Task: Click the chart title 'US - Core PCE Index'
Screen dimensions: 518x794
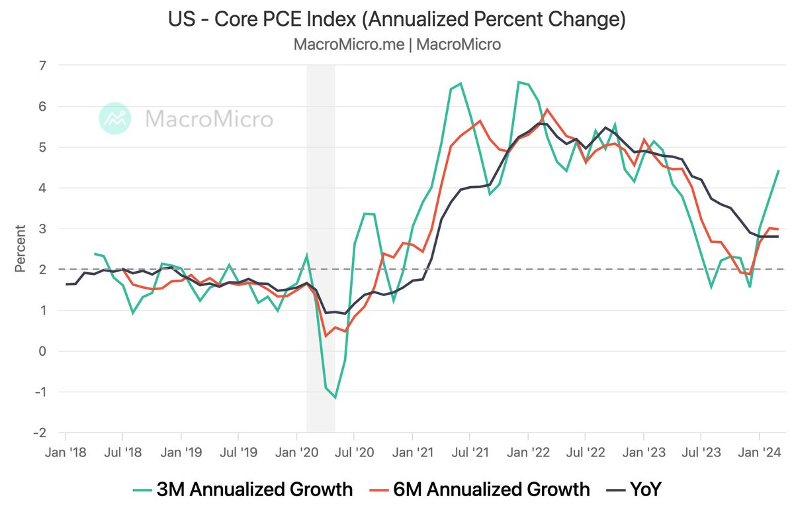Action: [x=396, y=20]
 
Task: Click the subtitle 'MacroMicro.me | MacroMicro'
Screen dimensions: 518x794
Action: [x=396, y=45]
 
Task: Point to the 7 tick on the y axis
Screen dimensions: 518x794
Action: [x=44, y=66]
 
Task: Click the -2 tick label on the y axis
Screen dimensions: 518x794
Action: [x=40, y=433]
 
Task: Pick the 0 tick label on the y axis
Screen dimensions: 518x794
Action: [x=44, y=351]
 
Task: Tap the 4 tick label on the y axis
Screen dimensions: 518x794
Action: [x=44, y=188]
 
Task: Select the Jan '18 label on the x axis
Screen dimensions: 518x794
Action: [x=66, y=453]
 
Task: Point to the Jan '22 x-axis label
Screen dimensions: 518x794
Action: [x=527, y=453]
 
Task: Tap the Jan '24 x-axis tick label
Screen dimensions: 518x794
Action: [x=759, y=453]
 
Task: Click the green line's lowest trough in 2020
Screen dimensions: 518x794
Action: [x=335, y=397]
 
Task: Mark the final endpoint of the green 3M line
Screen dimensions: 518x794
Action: [x=778, y=171]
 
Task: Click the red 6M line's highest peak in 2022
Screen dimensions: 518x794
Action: [x=548, y=109]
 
